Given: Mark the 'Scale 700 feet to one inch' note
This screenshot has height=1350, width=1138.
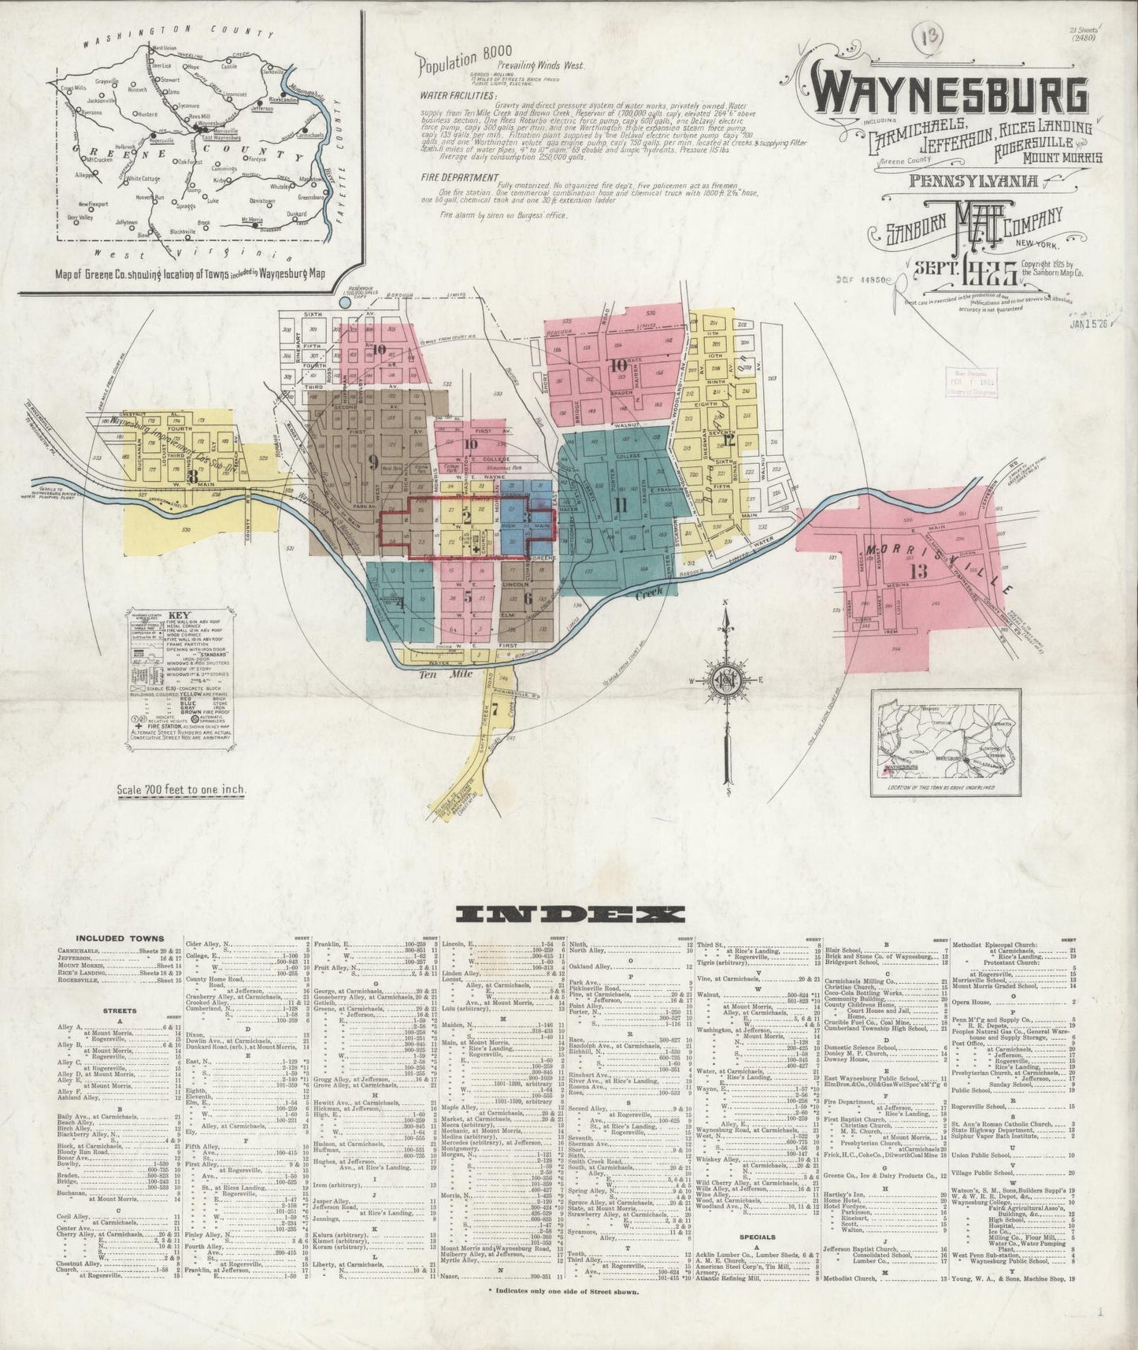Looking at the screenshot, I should [x=180, y=788].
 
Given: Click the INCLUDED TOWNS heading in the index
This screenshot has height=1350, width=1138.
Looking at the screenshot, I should [x=120, y=938].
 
